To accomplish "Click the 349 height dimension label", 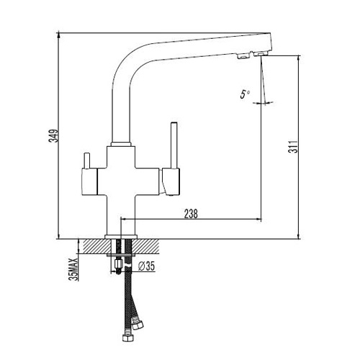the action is pos(54,136).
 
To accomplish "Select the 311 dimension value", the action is pos(294,146).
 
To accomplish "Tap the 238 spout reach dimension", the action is pos(191,214).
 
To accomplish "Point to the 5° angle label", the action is pos(245,94).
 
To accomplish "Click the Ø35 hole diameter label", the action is pos(147,266).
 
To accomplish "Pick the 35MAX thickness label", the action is pos(73,269).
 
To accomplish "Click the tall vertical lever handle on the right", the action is pos(174,145).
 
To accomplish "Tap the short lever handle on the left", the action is pos(86,161).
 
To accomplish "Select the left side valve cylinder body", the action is pos(89,181).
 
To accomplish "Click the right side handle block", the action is pos(171,181).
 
